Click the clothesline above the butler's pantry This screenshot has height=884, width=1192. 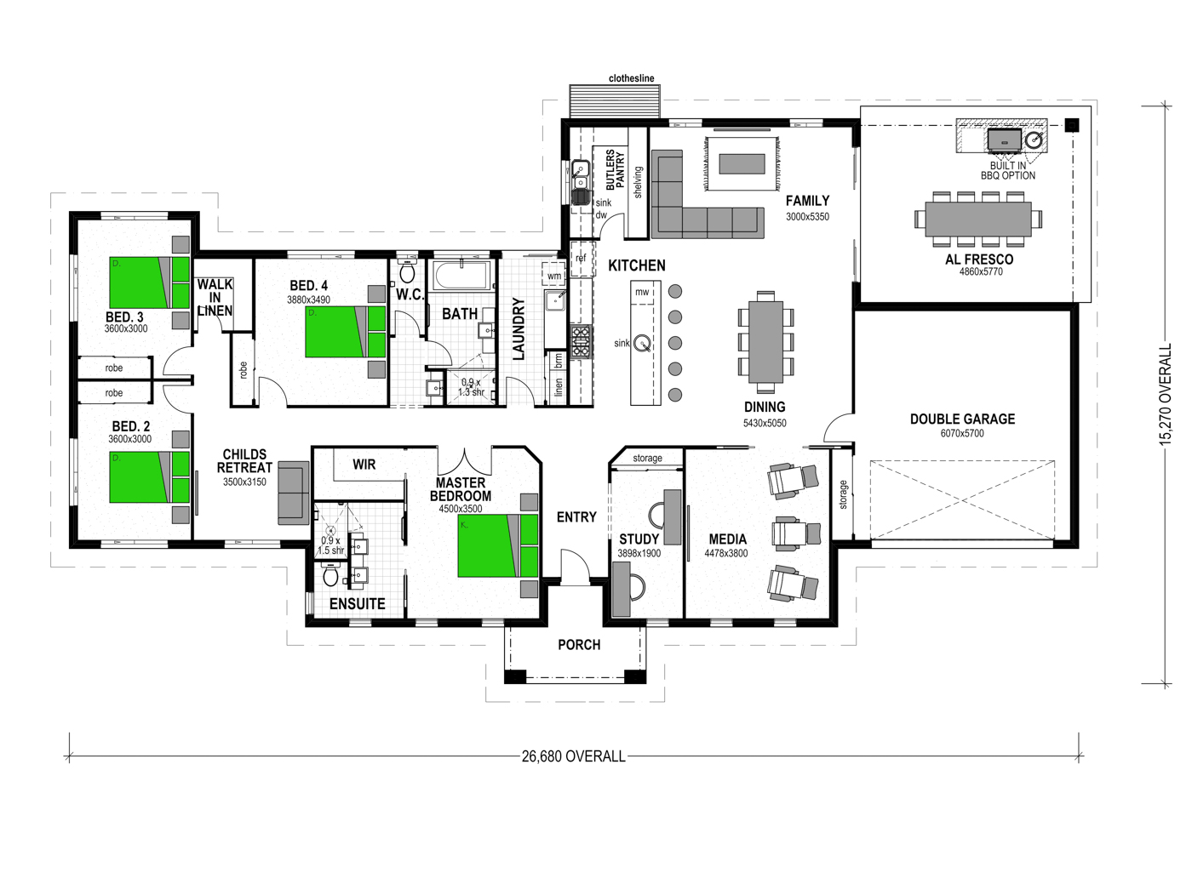point(615,101)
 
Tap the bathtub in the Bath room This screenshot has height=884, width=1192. point(462,275)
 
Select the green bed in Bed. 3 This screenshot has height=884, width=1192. point(149,282)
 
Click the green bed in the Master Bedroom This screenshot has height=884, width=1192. point(497,545)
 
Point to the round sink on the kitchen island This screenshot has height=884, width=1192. point(644,343)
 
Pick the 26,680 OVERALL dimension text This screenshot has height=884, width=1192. point(573,756)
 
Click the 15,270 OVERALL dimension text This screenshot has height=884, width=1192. point(1165,394)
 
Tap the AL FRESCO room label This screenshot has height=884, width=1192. point(979,259)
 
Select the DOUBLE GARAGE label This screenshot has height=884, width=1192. point(962,419)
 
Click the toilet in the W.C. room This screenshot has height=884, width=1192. point(407,271)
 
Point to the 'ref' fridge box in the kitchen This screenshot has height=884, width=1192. point(582,259)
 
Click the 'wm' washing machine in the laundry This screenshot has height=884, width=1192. point(554,275)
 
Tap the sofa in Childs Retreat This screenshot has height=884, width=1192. point(293,493)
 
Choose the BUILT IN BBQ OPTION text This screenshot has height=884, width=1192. point(1008,171)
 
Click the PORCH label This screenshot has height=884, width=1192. point(579,644)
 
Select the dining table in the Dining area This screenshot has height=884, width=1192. point(765,342)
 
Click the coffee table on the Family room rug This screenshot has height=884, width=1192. point(742,164)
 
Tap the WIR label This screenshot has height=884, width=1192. point(364,465)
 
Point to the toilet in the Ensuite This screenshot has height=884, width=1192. point(330,576)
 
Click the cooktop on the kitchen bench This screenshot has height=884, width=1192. point(581,342)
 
